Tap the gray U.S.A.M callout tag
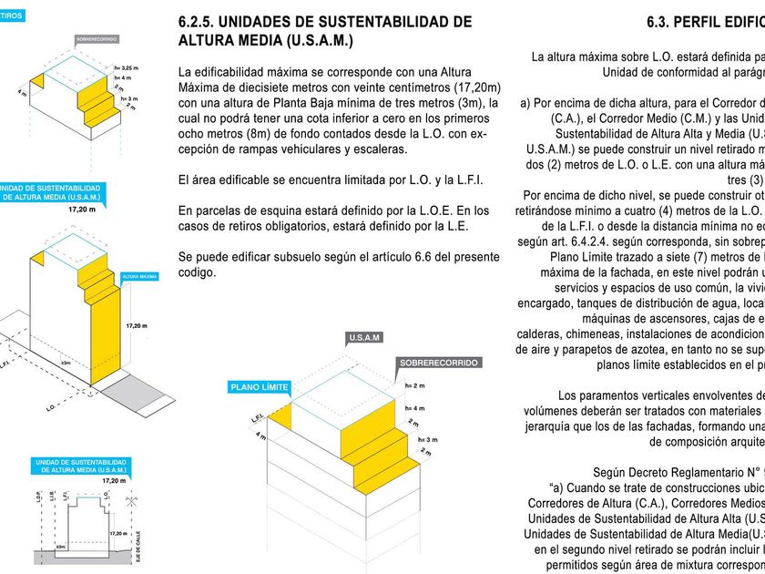(365, 338)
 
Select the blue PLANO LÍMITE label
(259, 387)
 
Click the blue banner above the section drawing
(68, 466)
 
